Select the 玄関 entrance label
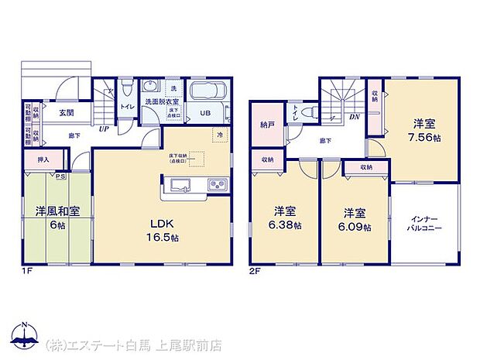pos(66,113)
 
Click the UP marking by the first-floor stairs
pos(102,129)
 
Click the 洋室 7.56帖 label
pos(422,129)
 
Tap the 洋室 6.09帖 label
pos(355,219)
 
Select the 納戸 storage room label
pos(266,123)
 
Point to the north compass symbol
pos(25,334)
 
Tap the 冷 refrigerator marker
pos(220,135)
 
